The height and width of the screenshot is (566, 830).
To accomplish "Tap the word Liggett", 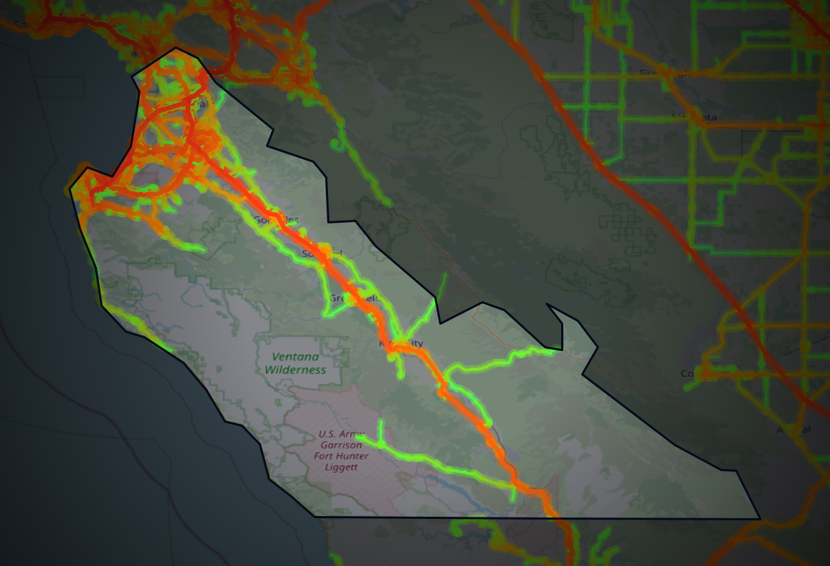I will coord(340,468).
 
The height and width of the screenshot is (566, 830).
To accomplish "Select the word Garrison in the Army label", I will coord(342,445).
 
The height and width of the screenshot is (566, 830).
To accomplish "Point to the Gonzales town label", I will coord(277,220).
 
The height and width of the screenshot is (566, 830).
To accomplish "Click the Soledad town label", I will coord(321,253).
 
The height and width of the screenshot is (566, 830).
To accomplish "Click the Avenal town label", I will coord(794,430).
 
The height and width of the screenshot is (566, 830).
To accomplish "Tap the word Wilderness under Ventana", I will coord(295,370).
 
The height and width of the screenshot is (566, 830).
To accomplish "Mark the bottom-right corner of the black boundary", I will coord(759,519).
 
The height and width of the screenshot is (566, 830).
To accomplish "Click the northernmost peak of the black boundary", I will coord(175,48).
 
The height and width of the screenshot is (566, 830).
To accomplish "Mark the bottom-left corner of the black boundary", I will coord(314,516).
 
